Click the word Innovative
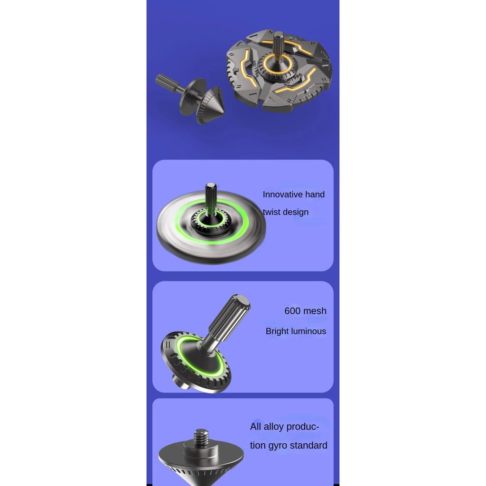click(283, 194)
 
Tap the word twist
click(271, 212)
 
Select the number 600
click(292, 310)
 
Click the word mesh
click(315, 310)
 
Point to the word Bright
click(278, 331)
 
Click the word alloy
click(273, 427)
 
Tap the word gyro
click(278, 446)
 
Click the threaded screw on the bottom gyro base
click(201, 437)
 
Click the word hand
click(315, 194)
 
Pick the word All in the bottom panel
click(256, 427)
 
